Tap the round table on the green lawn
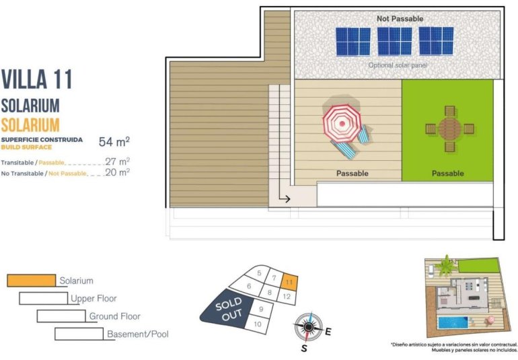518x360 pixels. [x=448, y=129]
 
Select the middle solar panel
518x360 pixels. [x=394, y=41]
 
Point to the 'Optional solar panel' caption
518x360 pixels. [x=397, y=65]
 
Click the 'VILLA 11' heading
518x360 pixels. [x=36, y=79]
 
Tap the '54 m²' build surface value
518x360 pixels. [x=114, y=141]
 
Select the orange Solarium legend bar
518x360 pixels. [x=31, y=280]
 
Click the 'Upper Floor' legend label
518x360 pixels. [x=94, y=298]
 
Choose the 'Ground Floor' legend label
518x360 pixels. [x=115, y=316]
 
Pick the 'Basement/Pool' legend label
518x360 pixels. [x=137, y=334]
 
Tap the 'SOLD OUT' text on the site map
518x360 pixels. [x=229, y=309]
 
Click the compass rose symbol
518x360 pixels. [x=308, y=328]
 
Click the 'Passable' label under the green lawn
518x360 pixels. [x=447, y=174]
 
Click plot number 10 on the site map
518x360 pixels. [x=257, y=324]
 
